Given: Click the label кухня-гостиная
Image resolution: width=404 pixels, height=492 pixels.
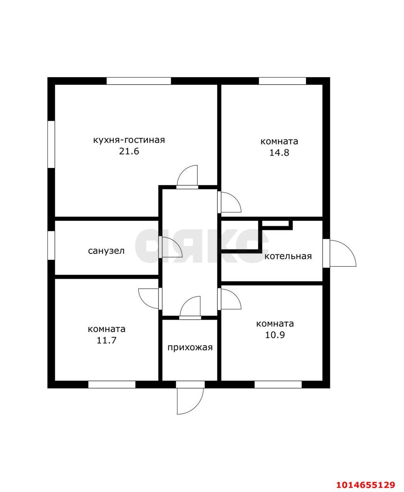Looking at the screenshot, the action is pos(129,140).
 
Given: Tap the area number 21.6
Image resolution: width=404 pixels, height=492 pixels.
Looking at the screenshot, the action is pos(129,151).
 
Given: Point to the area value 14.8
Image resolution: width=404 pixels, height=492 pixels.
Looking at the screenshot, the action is pos(279,153).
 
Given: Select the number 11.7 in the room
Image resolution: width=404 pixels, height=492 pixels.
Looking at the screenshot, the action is pos(107,341).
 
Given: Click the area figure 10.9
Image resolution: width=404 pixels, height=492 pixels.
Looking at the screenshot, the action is pos(275,335).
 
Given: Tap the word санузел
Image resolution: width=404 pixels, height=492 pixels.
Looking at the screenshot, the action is pos(106,251).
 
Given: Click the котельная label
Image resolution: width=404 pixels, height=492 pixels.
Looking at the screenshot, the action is pos(288,256).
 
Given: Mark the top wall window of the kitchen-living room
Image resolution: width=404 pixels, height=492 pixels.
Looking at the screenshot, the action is pos(139,81).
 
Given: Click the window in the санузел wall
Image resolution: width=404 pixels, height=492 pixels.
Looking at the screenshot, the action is pos(51,245).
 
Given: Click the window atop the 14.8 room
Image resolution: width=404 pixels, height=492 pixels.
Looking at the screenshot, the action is pos(282,81).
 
